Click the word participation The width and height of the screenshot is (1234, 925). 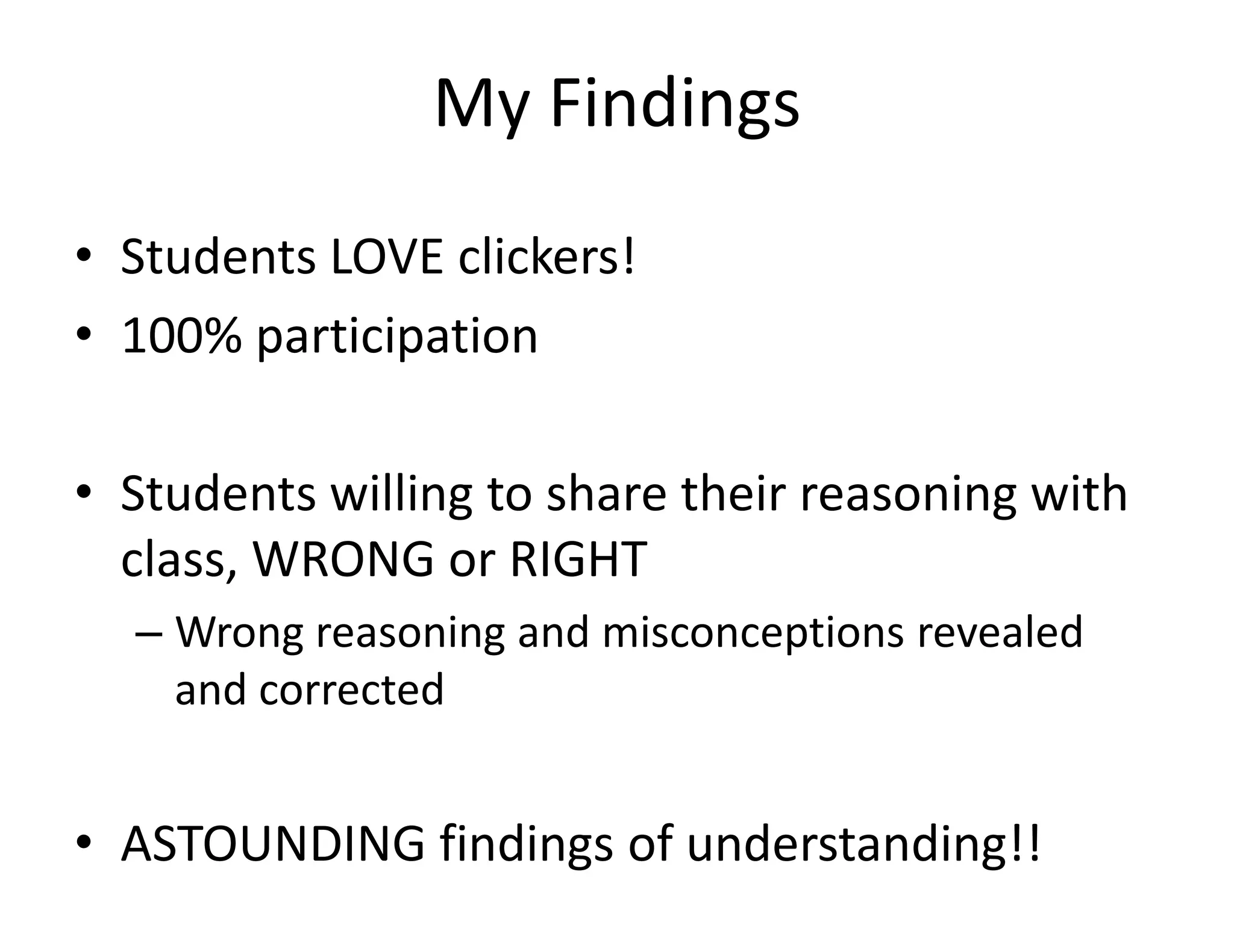[x=397, y=337]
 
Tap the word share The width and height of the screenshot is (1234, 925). [x=606, y=494]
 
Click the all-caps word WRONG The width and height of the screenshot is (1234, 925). [x=343, y=559]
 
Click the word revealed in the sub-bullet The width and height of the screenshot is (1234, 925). [x=1000, y=632]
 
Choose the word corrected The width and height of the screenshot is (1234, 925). [x=351, y=690]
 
